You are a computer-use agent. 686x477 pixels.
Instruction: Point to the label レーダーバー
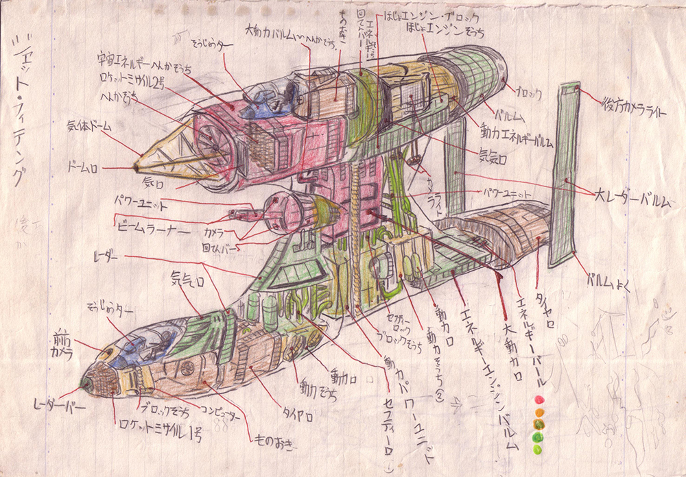point(59,406)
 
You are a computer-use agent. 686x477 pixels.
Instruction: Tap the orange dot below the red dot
point(539,413)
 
